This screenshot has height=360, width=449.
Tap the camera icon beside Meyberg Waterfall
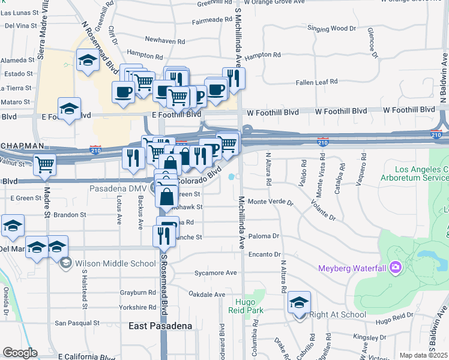click(395, 267)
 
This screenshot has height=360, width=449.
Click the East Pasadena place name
click(161, 326)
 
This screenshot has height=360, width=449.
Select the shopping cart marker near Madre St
click(45, 164)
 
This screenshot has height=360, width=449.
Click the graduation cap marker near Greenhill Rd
click(88, 61)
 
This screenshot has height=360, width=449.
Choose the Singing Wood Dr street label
click(327, 28)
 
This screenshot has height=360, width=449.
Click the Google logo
click(20, 353)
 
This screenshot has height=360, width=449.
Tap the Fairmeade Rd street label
click(211, 20)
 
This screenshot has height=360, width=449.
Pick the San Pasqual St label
click(79, 323)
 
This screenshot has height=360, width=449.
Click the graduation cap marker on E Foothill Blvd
click(70, 109)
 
